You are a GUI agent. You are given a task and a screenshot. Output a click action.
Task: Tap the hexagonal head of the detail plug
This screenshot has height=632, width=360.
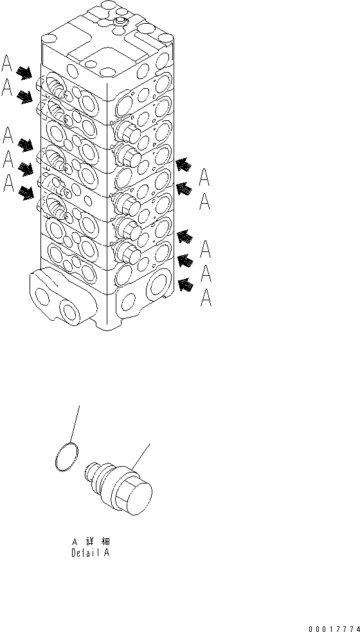134,491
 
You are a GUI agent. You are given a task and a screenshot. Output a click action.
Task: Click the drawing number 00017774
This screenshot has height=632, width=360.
334,629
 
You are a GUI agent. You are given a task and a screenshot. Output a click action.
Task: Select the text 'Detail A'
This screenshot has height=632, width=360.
90,552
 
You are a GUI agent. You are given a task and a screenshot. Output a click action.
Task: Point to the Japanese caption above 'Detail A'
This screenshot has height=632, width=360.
91,541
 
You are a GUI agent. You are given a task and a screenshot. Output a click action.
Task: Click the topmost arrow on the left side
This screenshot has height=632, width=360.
24,73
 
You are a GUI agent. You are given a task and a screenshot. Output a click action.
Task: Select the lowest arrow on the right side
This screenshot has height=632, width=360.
185,285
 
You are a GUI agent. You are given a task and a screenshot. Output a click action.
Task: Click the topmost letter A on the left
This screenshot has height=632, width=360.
6,62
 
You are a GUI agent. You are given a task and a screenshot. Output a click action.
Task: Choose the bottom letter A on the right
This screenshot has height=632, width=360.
206,298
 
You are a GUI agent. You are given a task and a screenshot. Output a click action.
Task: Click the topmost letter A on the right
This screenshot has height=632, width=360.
204,177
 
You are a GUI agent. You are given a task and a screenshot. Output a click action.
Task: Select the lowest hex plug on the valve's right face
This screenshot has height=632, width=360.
127,252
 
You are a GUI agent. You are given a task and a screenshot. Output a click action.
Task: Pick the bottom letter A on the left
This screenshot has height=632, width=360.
8,184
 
